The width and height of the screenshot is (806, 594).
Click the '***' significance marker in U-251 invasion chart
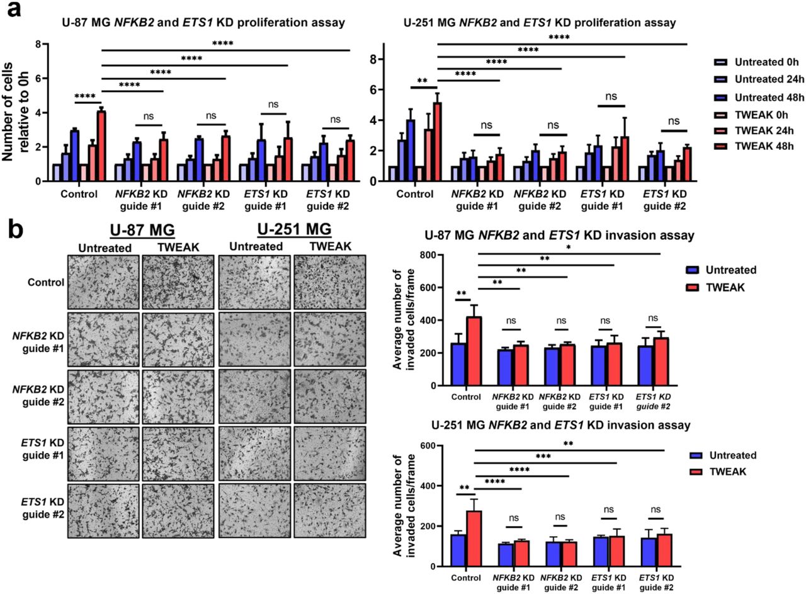[544, 456]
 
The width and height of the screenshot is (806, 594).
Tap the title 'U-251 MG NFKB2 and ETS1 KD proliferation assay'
[539, 23]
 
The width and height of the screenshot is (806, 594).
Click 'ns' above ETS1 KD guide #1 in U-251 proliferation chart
[611, 96]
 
